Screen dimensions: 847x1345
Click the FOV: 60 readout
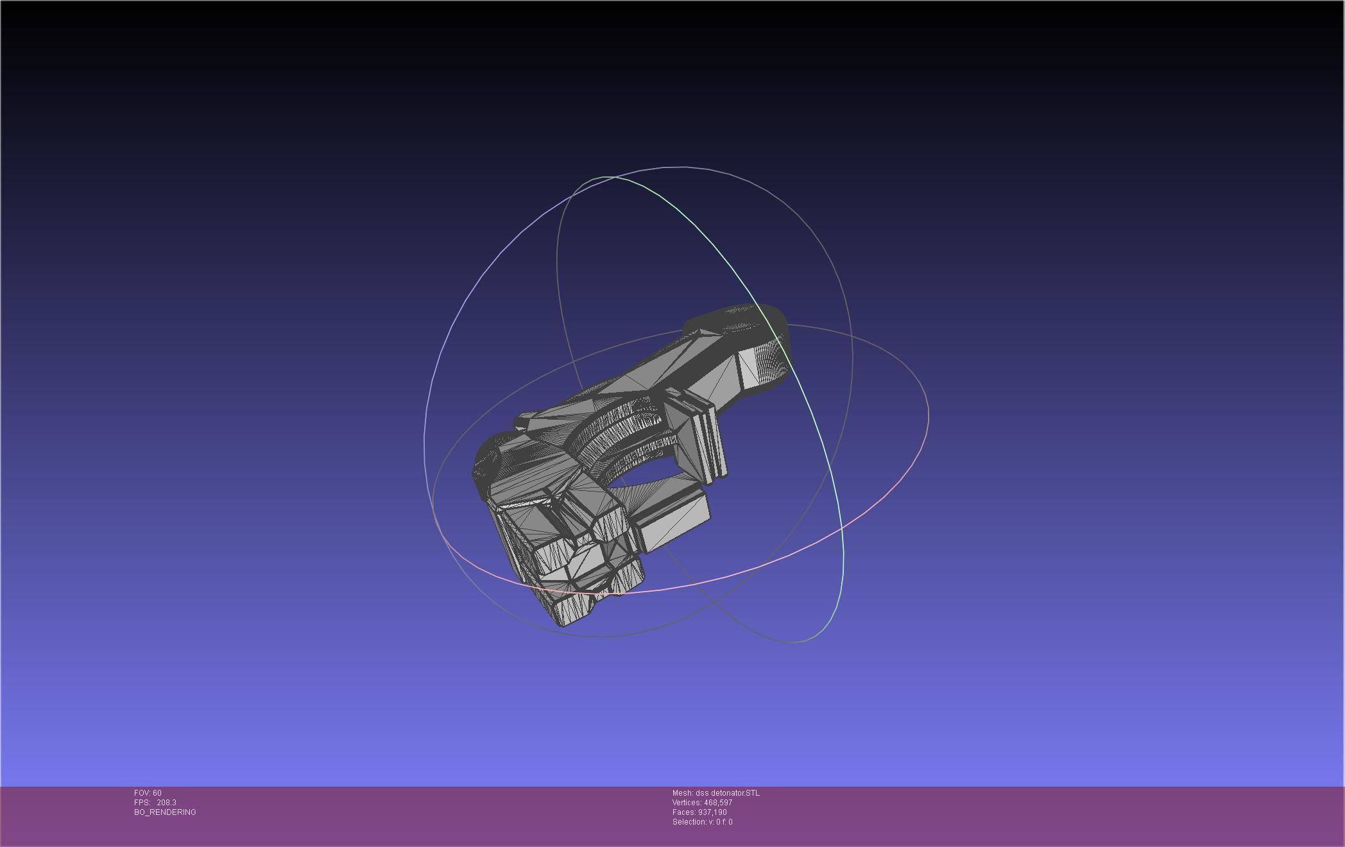coord(148,793)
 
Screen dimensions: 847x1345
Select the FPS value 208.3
coord(166,803)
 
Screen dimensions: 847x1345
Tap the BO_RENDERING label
coord(165,812)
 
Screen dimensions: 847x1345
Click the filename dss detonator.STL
coord(727,793)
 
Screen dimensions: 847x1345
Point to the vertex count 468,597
coord(717,803)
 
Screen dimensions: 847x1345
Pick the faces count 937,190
coord(712,812)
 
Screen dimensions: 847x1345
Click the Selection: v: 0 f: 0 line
coord(702,822)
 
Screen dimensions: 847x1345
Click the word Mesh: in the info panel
coord(682,793)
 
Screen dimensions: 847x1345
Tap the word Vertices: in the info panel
coord(687,803)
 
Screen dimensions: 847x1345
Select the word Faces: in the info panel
coord(683,812)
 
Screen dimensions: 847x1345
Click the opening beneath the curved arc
coord(648,481)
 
